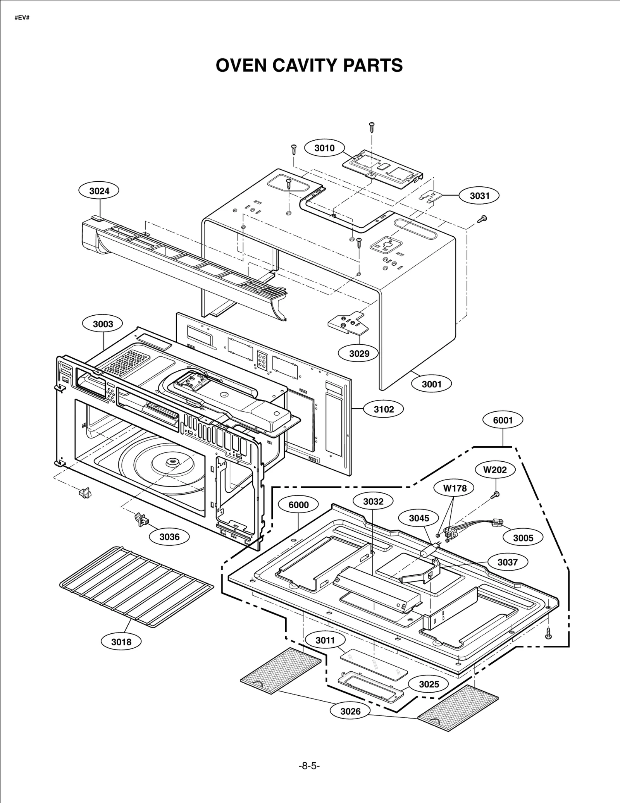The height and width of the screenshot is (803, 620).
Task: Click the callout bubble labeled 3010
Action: click(324, 148)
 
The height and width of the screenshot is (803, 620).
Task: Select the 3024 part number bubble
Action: click(99, 191)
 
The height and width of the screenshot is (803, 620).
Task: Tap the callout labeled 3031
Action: click(479, 196)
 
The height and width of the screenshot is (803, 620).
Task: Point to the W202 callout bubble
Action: click(495, 470)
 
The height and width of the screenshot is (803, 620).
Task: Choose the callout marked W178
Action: click(455, 488)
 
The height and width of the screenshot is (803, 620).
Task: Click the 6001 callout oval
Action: click(503, 420)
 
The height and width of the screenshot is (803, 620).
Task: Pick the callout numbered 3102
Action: click(384, 409)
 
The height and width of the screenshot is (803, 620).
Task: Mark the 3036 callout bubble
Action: click(169, 536)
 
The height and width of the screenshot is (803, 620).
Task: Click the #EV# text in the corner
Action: click(22, 18)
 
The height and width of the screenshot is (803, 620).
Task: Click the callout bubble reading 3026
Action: click(350, 711)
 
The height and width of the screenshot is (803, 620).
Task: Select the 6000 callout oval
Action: click(298, 505)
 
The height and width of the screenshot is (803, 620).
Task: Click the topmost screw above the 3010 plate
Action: click(372, 126)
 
